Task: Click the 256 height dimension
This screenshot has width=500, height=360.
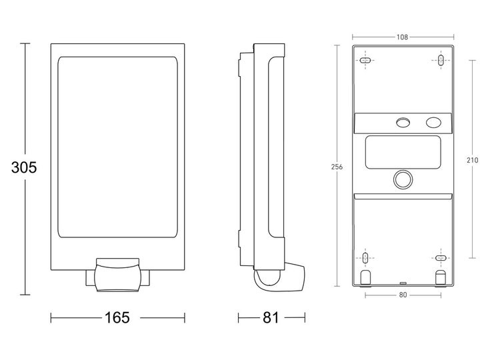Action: coord(337,167)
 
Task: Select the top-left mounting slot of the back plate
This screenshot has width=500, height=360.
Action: coord(365,61)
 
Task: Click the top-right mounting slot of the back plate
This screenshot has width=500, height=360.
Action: coord(441,61)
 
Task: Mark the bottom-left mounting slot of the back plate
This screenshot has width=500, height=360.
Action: coord(365,257)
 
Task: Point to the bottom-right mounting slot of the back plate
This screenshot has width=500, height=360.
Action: coord(441,257)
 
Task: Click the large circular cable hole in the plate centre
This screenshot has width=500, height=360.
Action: coord(403,179)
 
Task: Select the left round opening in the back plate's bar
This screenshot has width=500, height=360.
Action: coord(403,123)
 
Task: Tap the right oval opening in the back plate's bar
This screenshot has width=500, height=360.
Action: coord(433,123)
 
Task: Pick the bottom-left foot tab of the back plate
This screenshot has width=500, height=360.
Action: coord(365,276)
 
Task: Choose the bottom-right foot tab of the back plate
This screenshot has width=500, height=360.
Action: coord(441,276)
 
